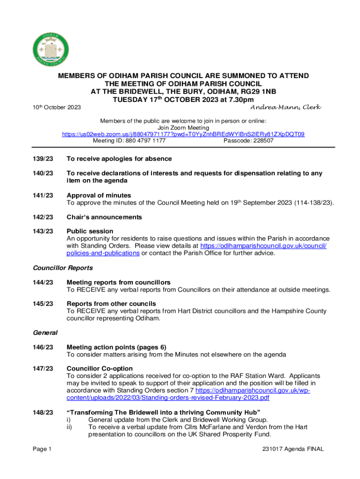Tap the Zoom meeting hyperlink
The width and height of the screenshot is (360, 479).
[x=183, y=134]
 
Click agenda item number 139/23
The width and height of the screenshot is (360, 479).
[x=43, y=159]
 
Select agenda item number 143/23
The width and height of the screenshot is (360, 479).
[x=43, y=231]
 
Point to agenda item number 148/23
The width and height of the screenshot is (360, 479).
[x=43, y=413]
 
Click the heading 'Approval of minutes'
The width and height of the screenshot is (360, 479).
[x=99, y=195]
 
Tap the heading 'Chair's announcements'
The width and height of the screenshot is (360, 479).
[x=104, y=217]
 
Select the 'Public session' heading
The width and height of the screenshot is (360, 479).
[x=90, y=231]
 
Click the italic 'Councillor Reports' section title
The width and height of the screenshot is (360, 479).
[x=63, y=268]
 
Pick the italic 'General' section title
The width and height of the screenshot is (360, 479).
[x=45, y=333]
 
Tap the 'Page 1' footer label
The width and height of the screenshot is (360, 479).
[x=42, y=450]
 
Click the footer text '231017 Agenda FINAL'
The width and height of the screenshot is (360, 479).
[x=293, y=450]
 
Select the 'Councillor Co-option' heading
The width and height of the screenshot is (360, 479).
[x=100, y=369]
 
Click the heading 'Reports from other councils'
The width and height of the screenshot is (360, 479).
[x=111, y=304]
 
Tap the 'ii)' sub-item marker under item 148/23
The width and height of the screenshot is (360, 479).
[x=70, y=427]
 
